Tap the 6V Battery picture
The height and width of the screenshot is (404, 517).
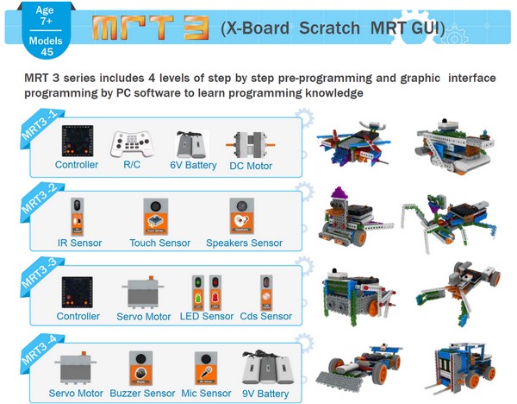tap(190, 143)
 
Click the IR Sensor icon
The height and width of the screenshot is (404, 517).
tap(78, 216)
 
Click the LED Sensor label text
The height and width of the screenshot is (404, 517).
tap(206, 316)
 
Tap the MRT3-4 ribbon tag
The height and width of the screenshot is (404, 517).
tap(35, 355)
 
